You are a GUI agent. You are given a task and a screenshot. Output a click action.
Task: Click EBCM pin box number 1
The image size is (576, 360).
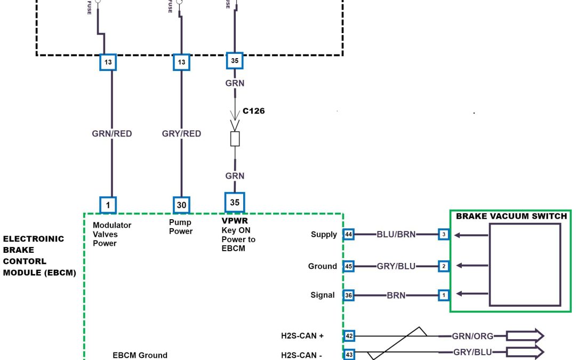(108, 205)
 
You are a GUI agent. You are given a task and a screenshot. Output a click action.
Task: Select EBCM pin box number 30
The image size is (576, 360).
(181, 205)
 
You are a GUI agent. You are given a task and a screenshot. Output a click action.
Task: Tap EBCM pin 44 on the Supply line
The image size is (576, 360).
(349, 234)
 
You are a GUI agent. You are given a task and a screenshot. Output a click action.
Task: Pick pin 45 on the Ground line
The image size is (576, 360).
(349, 266)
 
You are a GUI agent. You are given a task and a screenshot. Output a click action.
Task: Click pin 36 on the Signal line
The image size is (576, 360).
(349, 295)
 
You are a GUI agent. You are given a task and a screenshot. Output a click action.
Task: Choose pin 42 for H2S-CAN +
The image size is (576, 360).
(349, 336)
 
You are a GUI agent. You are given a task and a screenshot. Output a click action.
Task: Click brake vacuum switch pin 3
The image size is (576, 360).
(443, 234)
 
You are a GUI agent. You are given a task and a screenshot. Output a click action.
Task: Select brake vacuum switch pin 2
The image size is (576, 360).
(443, 266)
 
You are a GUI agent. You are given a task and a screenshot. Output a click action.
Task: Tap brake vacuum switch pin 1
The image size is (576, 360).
(443, 295)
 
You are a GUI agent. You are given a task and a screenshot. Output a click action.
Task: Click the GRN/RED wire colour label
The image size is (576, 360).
(112, 134)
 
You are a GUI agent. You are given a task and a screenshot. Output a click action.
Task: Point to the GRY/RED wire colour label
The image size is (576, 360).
(181, 134)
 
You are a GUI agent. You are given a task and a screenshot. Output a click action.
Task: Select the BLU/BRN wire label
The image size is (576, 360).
(396, 234)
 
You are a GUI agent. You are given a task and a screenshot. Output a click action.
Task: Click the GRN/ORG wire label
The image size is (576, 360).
(473, 336)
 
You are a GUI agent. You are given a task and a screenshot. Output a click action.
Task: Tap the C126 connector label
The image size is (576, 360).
(254, 111)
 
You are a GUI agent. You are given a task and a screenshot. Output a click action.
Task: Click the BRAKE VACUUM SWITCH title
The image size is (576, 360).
(511, 217)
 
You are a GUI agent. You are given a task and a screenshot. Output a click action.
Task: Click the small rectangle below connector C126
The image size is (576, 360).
(235, 139)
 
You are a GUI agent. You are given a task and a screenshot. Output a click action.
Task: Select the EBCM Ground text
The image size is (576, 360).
(140, 355)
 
